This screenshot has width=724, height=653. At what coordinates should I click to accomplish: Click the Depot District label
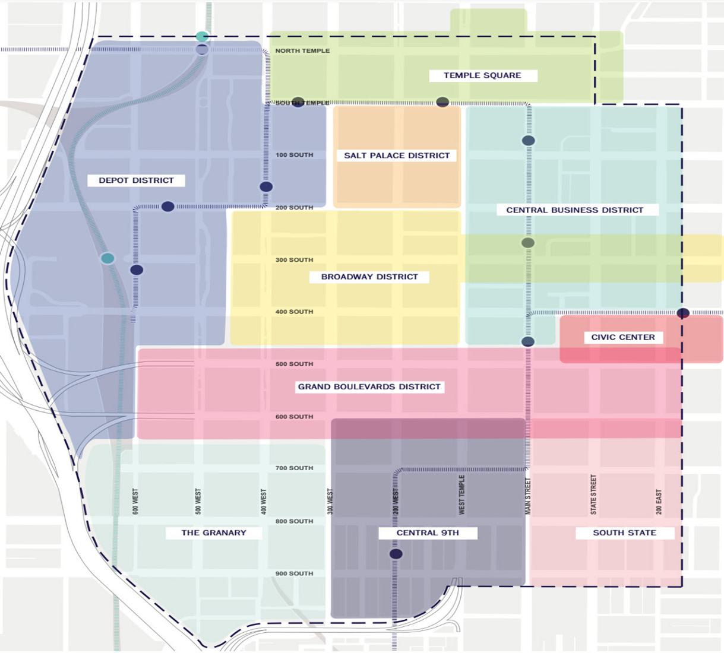(136, 180)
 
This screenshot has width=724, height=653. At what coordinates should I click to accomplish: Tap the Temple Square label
(482, 75)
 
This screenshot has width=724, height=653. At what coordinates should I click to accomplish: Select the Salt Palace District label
(397, 156)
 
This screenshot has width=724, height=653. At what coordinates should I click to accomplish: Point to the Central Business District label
(574, 210)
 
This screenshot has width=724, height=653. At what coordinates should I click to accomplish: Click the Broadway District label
(369, 277)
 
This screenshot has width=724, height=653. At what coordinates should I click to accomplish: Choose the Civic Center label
(623, 337)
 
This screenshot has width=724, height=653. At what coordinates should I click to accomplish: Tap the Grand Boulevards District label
(369, 387)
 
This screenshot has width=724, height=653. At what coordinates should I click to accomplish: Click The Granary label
(213, 532)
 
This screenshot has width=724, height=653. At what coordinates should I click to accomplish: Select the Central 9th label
(428, 532)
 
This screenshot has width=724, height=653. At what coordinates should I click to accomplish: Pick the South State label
(624, 532)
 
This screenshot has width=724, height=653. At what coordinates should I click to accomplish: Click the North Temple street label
(302, 51)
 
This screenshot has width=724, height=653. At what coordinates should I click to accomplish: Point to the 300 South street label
(294, 260)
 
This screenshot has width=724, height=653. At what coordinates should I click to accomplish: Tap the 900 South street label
(294, 573)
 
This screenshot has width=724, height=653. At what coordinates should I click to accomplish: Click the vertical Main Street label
(527, 496)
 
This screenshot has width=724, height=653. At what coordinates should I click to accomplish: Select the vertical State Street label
(593, 494)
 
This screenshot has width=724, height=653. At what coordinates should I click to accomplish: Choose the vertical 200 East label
(659, 502)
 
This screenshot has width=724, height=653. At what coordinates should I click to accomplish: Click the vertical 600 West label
(135, 502)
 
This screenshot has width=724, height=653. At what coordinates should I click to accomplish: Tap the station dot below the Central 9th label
(396, 554)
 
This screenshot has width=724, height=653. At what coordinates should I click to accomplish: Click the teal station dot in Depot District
(108, 258)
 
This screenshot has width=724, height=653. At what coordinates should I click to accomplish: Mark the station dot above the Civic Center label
(683, 313)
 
